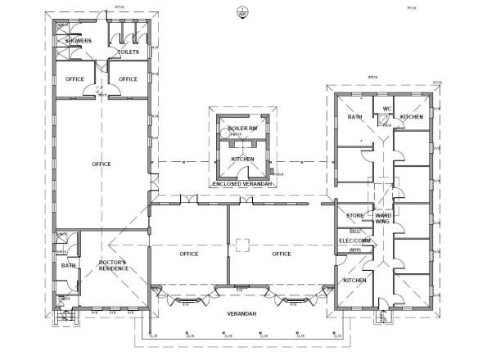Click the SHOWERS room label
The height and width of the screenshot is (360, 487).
click(x=73, y=41)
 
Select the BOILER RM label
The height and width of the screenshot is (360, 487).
click(x=242, y=129)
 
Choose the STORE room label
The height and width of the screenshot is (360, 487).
click(x=354, y=216)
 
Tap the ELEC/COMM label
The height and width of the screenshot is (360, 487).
click(x=355, y=241)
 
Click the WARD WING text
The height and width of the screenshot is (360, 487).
click(x=381, y=218)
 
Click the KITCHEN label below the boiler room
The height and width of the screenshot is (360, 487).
click(x=242, y=159)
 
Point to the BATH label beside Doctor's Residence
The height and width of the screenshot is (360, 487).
click(x=65, y=265)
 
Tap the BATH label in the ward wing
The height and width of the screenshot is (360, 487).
click(x=354, y=117)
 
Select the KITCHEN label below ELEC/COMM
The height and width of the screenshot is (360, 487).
click(x=354, y=280)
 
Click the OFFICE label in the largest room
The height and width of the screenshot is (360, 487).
click(x=101, y=164)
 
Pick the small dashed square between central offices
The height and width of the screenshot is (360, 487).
click(x=241, y=243)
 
